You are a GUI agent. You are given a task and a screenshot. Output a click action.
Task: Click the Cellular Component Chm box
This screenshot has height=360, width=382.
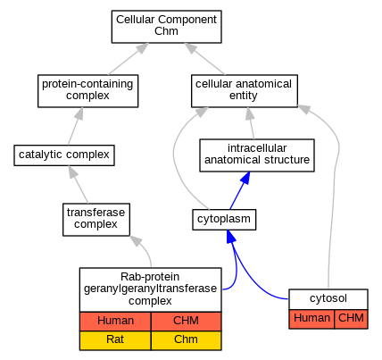(166, 27)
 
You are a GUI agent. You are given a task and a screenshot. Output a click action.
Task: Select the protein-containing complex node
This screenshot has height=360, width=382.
(87, 91)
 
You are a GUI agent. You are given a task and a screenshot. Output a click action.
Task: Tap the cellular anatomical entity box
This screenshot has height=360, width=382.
(245, 91)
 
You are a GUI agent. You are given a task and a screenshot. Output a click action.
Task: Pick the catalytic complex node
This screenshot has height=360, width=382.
(64, 155)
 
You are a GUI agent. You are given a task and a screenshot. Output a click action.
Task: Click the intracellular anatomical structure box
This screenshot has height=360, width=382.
(257, 155)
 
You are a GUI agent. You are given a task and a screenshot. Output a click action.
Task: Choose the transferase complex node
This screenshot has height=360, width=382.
(96, 220)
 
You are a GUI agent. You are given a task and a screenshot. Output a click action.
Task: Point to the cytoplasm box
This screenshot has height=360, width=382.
(224, 220)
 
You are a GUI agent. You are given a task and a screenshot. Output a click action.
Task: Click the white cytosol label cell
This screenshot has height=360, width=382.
(328, 299)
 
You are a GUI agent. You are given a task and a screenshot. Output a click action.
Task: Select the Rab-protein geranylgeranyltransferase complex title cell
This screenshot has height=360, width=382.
(150, 289)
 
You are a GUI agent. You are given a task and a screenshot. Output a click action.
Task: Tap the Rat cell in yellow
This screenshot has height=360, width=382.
(115, 340)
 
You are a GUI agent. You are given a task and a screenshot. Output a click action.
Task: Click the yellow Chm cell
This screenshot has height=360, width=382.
(186, 340)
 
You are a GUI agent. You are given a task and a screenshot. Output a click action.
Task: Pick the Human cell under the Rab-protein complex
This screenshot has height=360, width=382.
(115, 322)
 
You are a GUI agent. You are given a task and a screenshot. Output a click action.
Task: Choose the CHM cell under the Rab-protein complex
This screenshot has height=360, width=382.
(186, 322)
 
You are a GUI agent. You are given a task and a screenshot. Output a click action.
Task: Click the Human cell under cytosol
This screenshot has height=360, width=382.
(311, 319)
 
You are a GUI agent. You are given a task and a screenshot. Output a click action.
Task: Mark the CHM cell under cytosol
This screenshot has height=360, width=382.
(351, 319)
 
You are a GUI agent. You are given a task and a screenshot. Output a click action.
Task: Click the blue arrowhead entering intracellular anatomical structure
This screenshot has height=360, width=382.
(245, 178)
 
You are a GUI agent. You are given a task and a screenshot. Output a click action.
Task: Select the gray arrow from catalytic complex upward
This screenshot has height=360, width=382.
(75, 126)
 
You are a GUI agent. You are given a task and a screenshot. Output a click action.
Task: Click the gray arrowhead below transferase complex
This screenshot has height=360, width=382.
(137, 240)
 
